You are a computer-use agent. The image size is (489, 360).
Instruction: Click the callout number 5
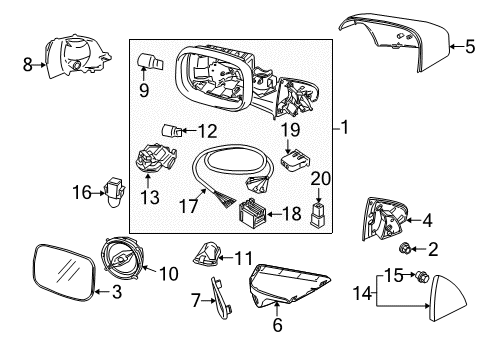(469, 44)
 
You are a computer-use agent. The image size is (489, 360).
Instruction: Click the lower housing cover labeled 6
(290, 290)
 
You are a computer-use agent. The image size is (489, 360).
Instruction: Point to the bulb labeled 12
(172, 130)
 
